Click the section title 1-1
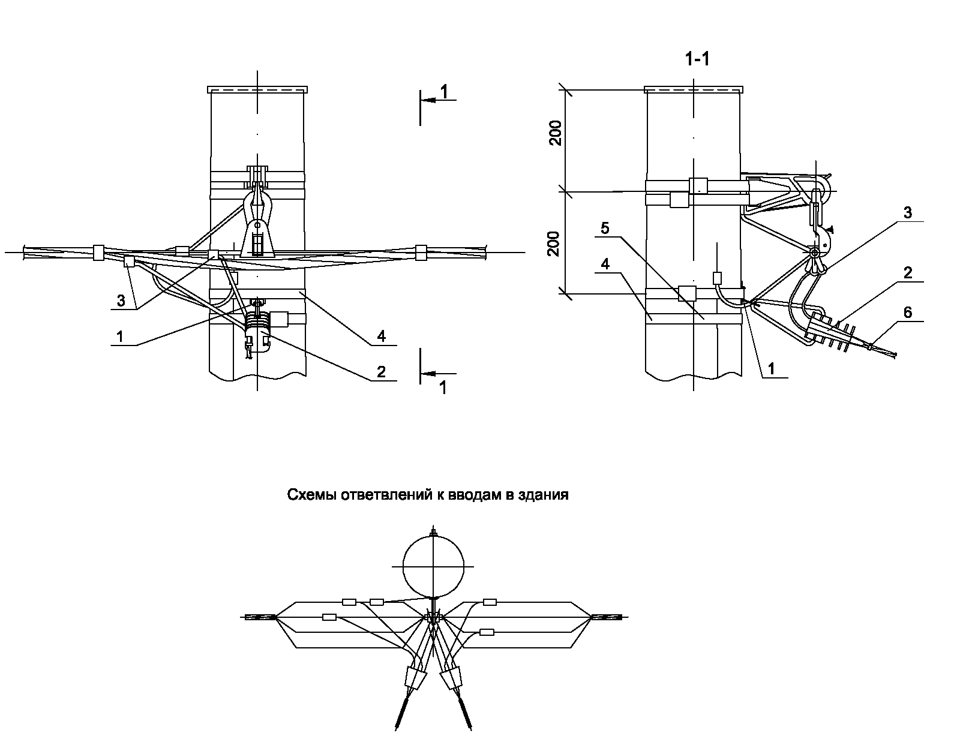click(x=697, y=59)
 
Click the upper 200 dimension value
click(x=556, y=133)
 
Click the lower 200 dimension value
click(x=556, y=244)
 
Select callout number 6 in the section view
click(x=907, y=312)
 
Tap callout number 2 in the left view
click(x=381, y=371)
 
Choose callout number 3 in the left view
click(x=121, y=301)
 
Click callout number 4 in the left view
click(x=381, y=337)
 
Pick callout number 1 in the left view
click(x=121, y=337)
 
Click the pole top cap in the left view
click(x=257, y=90)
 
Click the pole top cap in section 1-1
click(x=694, y=90)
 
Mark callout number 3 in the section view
click(x=907, y=212)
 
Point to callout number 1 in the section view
click(x=773, y=370)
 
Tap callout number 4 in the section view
click(x=605, y=264)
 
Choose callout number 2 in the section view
click(x=907, y=273)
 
